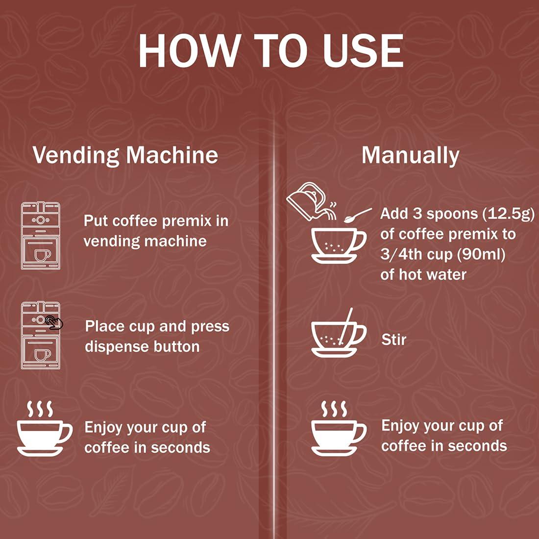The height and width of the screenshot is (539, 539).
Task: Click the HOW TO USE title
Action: (270, 51)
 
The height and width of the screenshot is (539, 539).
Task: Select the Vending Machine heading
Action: (125, 155)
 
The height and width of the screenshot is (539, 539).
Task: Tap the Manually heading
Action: (410, 155)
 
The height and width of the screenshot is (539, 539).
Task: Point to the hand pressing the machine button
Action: (54, 322)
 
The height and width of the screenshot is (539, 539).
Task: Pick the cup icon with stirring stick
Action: (338, 333)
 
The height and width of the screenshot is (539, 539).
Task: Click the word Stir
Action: (394, 339)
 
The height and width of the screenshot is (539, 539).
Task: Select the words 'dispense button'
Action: (142, 346)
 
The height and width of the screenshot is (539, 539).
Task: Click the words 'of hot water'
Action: (423, 274)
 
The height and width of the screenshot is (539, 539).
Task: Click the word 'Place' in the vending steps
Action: (104, 326)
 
